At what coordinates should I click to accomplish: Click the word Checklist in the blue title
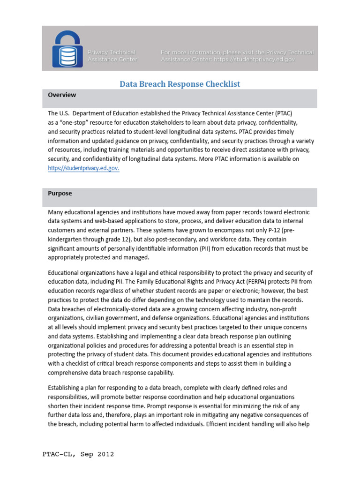[218, 84]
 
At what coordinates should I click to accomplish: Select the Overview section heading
[62, 95]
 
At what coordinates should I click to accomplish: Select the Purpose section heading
[60, 193]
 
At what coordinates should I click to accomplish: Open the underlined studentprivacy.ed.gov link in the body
[83, 168]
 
